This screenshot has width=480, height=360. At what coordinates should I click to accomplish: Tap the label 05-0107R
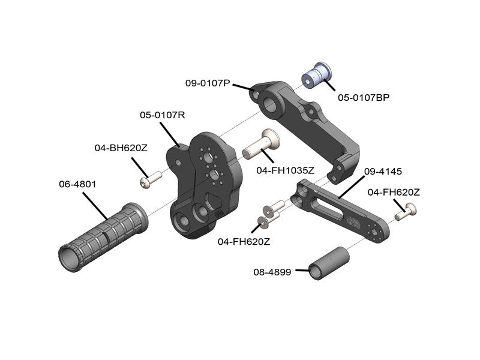coord(163,114)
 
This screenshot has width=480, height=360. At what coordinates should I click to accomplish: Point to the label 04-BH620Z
coord(121,147)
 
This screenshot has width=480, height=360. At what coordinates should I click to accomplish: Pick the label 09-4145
coord(381,171)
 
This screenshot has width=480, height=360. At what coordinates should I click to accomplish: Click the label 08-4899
coord(272,272)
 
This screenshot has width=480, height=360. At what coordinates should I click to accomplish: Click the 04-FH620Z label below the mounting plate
coord(244,242)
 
